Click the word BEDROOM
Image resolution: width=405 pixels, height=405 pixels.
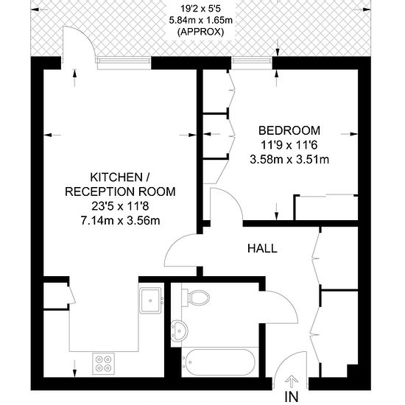pos(289,130)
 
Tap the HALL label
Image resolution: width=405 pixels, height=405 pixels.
pos(262,248)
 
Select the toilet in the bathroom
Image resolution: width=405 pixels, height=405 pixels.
pos(195,297)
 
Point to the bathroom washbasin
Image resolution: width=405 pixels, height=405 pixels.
pos(180,330)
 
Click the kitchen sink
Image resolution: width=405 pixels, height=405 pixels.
pos(151,300)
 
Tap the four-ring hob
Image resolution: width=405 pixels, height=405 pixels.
pos(104,364)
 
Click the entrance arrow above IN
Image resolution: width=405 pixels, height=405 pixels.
pos(292,381)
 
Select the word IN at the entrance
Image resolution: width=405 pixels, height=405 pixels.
pos(292,396)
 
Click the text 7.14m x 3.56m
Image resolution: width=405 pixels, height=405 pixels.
pos(120,221)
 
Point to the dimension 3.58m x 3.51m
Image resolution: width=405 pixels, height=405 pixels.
pos(289,159)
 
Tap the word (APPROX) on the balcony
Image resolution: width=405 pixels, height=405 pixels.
pos(200,32)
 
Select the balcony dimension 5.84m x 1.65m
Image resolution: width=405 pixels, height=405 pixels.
pos(201,20)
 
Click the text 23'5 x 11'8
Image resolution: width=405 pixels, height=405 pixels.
pos(120,206)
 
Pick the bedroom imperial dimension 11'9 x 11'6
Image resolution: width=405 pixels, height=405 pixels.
pos(289,145)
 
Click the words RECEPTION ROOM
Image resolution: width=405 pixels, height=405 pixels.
pos(120,191)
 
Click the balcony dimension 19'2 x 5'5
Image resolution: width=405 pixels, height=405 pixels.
pos(200,9)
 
